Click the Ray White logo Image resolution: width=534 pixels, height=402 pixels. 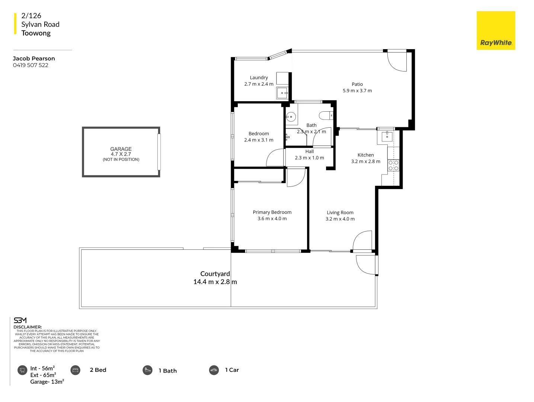[x=496, y=31]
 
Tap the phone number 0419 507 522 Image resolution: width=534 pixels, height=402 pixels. [x=31, y=65]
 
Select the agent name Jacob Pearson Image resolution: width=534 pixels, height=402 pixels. [x=34, y=58]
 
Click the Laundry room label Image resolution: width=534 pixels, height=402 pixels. [x=259, y=77]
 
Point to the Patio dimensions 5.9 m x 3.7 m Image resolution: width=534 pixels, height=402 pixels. [x=357, y=91]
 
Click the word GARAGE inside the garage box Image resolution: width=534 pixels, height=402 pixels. [x=121, y=149]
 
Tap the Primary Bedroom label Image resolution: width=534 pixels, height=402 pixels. [x=272, y=212]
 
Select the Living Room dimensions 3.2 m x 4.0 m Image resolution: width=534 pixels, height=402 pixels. [x=340, y=219]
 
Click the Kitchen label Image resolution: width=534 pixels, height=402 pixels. [x=365, y=155]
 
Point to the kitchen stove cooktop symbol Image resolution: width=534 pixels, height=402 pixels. [x=393, y=166]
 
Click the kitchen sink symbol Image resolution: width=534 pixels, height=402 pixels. [x=387, y=136]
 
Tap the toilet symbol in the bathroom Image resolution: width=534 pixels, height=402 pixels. [x=326, y=116]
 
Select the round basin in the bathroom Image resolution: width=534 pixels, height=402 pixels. [x=291, y=117]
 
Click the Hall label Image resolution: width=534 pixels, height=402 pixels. [x=309, y=151]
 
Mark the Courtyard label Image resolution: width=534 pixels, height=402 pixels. [x=215, y=274]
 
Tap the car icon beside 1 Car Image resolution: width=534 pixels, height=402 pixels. [x=214, y=370]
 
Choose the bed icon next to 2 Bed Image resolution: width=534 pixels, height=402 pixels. [x=75, y=370]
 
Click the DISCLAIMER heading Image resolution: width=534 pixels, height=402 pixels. [x=28, y=327]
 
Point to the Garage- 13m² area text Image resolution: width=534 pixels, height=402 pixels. [x=47, y=382]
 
